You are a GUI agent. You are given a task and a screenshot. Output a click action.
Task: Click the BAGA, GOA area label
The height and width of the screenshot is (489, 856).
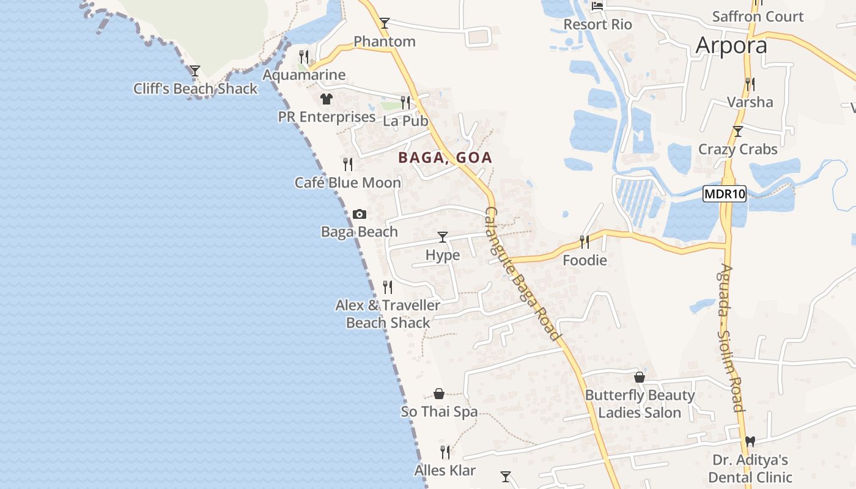(x=445, y=158)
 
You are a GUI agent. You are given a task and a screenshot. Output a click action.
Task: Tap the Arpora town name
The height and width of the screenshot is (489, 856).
(x=731, y=45)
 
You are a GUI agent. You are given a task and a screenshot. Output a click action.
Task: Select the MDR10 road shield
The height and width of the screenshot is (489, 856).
(x=725, y=194)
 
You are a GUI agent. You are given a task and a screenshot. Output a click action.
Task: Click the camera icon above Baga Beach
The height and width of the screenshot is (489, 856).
(x=360, y=214)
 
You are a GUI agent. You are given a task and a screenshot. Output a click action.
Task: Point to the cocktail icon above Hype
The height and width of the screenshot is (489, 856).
(x=443, y=237)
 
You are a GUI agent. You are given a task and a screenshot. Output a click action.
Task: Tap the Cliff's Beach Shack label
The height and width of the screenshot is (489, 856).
(x=196, y=89)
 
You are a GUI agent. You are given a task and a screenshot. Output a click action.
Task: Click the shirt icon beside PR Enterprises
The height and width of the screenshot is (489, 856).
(x=326, y=98)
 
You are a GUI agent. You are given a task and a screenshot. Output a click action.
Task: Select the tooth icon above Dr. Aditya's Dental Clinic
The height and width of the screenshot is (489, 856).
(x=750, y=441)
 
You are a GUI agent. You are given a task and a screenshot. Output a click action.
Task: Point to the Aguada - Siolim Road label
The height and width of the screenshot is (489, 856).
(x=731, y=337)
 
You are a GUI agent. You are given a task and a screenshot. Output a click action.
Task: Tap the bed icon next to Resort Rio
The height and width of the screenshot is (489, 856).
(x=597, y=6)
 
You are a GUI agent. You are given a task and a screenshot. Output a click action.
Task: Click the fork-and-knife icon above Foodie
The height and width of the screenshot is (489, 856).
(x=585, y=242)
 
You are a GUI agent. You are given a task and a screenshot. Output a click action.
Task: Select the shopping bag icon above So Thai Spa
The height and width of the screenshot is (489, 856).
(x=439, y=394)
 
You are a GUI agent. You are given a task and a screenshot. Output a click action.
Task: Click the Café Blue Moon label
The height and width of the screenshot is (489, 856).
(x=348, y=183)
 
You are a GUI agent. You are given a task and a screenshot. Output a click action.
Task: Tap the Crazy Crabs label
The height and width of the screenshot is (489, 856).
(x=738, y=149)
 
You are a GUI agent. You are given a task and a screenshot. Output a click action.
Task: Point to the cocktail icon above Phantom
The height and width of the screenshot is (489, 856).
(x=384, y=23)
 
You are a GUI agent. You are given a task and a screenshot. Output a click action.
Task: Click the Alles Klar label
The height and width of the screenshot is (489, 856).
(x=445, y=471)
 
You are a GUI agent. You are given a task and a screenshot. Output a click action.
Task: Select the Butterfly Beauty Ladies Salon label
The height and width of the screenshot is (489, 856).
(x=640, y=404)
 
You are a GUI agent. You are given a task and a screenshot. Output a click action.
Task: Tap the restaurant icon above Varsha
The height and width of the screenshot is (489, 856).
(x=750, y=84)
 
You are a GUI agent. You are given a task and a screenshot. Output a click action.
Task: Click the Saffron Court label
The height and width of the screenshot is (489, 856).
(x=758, y=17)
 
